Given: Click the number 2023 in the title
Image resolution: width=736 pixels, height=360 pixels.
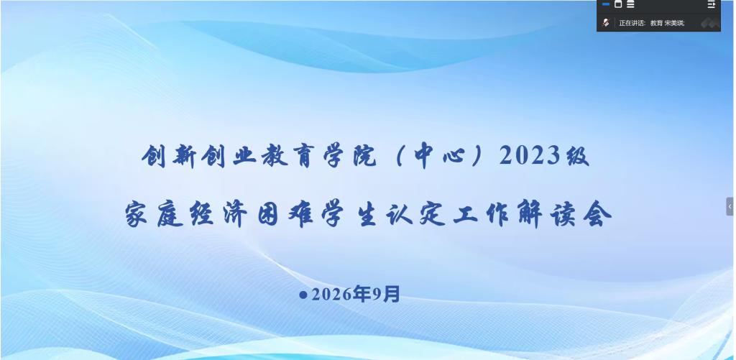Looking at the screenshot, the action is pyautogui.click(x=530, y=156).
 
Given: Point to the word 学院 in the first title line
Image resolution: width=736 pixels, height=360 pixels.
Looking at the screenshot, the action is pyautogui.click(x=351, y=156).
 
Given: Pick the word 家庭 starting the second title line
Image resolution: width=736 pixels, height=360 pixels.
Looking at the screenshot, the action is pyautogui.click(x=155, y=216).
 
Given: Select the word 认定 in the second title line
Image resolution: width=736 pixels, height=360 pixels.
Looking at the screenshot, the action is pyautogui.click(x=416, y=216).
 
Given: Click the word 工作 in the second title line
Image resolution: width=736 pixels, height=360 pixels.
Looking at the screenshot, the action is pyautogui.click(x=482, y=216).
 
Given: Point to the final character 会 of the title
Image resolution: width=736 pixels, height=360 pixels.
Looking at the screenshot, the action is pyautogui.click(x=597, y=216).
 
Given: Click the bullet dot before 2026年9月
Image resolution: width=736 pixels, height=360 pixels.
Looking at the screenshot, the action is pyautogui.click(x=303, y=295).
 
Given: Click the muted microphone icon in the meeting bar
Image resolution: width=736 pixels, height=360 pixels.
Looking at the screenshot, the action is pyautogui.click(x=606, y=22).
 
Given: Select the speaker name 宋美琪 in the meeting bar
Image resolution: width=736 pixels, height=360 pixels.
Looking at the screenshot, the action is pyautogui.click(x=674, y=23).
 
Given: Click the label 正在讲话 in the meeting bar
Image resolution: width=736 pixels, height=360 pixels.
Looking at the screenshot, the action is pyautogui.click(x=631, y=23).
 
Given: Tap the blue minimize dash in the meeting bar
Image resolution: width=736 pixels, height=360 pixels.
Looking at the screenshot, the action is pyautogui.click(x=606, y=4).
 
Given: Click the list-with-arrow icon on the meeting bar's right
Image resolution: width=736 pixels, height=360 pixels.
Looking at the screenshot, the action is pyautogui.click(x=712, y=4).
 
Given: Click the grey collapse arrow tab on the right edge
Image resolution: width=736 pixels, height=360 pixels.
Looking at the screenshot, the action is pyautogui.click(x=730, y=206).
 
